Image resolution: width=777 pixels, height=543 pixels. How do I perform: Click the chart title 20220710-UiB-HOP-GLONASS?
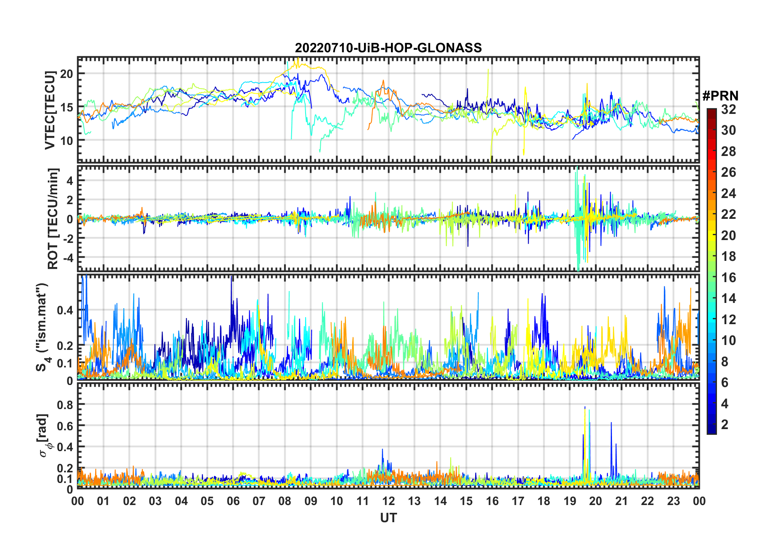388,48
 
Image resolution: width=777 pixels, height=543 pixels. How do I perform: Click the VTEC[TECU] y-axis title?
50,110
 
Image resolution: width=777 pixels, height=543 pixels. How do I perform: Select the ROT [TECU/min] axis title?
53,218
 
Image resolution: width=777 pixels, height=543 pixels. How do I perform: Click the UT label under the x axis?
388,518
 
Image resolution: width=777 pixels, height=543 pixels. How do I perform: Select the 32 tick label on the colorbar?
728,109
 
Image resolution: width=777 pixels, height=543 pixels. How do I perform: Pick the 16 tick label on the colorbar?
728,278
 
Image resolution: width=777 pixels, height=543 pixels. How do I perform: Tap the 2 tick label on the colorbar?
725,425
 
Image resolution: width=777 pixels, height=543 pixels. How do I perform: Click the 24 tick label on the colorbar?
728,194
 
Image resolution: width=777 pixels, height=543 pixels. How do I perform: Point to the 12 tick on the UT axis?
388,501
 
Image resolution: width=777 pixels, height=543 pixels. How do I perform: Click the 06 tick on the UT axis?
233,501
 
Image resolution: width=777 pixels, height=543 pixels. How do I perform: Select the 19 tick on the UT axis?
569,501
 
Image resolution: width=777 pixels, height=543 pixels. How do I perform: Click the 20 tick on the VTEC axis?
66,74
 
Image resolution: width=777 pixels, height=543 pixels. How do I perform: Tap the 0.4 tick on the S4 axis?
65,310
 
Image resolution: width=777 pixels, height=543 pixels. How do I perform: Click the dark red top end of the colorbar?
711,111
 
